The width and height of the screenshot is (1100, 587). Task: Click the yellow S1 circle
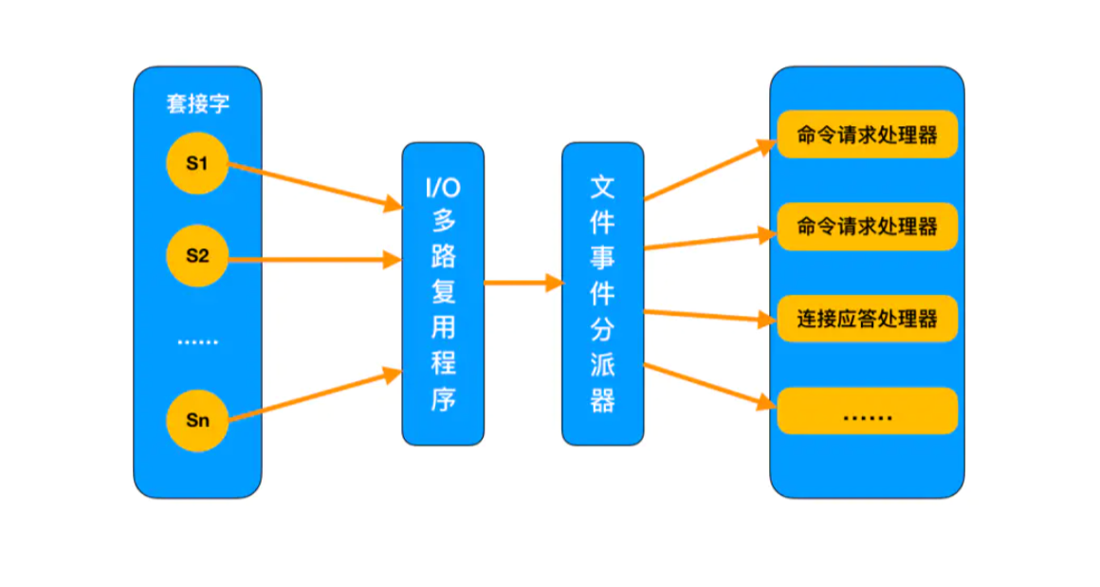click(197, 163)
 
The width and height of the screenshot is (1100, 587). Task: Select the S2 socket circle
click(197, 255)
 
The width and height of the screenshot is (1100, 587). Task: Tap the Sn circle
click(197, 420)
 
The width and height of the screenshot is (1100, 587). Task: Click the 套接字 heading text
click(198, 103)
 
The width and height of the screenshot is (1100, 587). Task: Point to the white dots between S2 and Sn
click(198, 342)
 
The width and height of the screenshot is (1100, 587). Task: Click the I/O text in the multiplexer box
click(443, 187)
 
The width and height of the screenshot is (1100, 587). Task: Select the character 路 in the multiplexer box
click(444, 257)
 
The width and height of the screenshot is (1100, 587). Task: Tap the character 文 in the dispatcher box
click(602, 187)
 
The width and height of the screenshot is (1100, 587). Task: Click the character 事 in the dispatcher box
click(602, 258)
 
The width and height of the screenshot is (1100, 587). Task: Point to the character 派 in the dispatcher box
click(602, 365)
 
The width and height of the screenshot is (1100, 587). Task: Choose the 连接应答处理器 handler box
click(867, 319)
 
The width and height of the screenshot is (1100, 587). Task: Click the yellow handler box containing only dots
click(867, 411)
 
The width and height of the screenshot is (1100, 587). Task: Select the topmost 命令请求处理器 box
click(867, 134)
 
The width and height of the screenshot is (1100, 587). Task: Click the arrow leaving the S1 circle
click(316, 186)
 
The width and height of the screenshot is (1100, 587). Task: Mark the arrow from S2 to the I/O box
click(316, 260)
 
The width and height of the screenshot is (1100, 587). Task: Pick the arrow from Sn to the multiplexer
click(316, 394)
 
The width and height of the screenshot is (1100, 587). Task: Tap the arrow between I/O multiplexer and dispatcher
click(524, 283)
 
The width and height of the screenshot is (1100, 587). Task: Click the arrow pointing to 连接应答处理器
click(710, 316)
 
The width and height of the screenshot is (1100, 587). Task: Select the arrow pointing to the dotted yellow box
click(710, 385)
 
